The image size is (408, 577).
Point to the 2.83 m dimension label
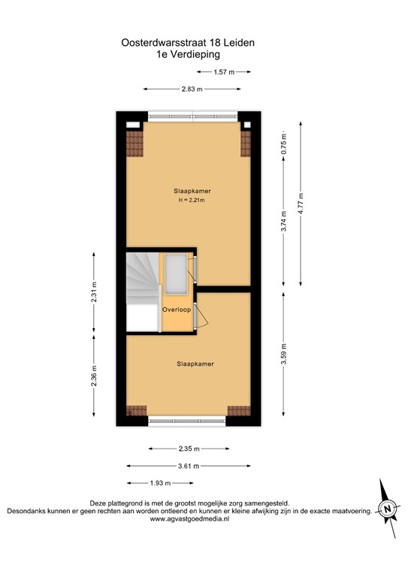192,89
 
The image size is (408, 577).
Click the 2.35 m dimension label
190,449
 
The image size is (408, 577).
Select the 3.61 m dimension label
190,466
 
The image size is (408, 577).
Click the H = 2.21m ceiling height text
191,201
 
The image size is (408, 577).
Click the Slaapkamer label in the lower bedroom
195,364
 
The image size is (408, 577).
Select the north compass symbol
387,510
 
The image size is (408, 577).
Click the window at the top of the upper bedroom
192,116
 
